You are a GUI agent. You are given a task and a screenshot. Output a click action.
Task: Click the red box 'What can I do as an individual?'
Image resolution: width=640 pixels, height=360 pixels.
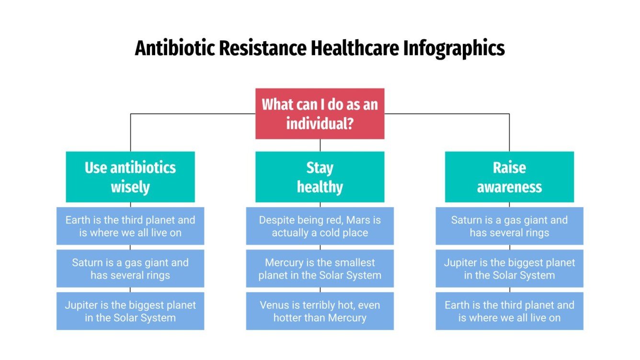click(x=320, y=113)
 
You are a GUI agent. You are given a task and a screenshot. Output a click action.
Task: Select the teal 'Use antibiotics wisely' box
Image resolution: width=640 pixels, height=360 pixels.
click(x=130, y=177)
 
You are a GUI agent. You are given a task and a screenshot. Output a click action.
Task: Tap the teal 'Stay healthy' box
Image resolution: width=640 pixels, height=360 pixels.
click(x=320, y=177)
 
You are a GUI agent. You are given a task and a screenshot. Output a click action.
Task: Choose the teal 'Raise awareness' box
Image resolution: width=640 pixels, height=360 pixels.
click(x=509, y=177)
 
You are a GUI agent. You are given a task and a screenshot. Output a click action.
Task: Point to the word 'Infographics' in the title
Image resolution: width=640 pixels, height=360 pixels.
click(x=453, y=49)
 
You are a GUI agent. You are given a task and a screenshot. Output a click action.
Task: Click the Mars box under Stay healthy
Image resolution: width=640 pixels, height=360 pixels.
click(x=320, y=226)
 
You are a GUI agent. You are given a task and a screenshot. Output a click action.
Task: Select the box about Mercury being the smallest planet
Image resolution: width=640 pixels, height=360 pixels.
click(x=320, y=269)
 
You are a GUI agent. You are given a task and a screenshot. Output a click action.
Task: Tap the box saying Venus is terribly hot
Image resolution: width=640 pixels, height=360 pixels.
click(x=320, y=311)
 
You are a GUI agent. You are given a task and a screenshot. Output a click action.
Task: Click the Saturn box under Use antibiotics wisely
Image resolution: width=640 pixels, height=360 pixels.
click(x=130, y=269)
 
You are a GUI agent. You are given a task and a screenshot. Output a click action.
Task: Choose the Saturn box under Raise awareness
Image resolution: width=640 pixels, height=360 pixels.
click(x=509, y=226)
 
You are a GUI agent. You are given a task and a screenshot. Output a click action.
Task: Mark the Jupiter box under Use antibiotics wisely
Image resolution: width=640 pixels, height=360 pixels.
click(x=130, y=311)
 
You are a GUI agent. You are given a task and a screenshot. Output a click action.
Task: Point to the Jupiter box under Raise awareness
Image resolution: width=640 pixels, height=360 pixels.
click(x=509, y=269)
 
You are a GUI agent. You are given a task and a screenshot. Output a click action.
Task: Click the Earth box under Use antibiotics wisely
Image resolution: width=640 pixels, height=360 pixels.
click(x=130, y=226)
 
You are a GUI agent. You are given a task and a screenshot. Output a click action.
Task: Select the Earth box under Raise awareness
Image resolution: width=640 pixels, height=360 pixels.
click(x=509, y=311)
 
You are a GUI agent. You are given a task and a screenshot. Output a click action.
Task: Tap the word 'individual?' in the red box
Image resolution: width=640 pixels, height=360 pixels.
click(x=320, y=124)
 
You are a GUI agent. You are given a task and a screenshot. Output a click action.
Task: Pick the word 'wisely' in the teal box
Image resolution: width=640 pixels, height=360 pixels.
click(x=130, y=187)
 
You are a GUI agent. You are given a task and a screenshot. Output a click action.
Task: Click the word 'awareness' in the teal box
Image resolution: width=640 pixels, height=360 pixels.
click(x=509, y=187)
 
